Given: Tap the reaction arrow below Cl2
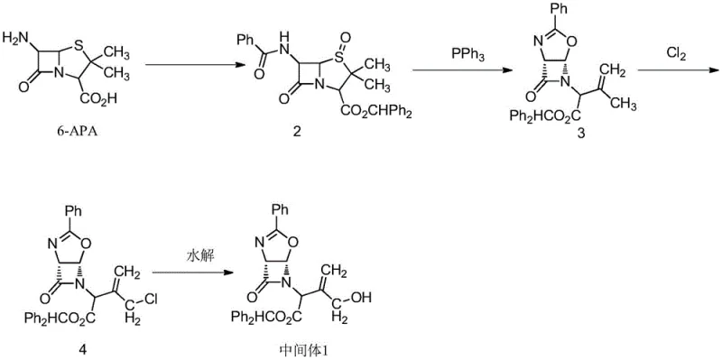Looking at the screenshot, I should (677, 69).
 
